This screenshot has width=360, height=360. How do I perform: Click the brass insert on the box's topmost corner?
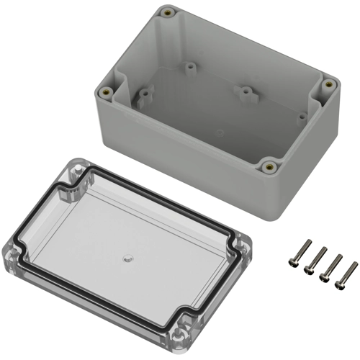pos(168,13)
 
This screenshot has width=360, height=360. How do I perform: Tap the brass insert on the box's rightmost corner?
pos(329,84)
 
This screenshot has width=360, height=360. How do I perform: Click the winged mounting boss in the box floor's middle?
pos(245,92)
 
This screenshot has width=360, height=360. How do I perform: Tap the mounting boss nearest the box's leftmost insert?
pos(146,94)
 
